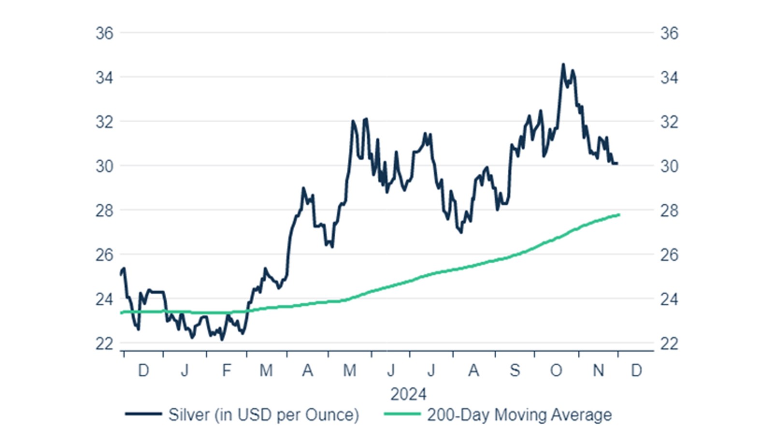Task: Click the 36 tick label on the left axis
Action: tap(104, 33)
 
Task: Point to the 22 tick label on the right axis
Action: tap(669, 344)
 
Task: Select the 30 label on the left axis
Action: tap(104, 166)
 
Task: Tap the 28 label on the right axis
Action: tap(669, 211)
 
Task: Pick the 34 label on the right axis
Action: tap(669, 77)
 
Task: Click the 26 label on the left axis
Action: tap(104, 255)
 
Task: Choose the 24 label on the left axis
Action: tap(104, 299)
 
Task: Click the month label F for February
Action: tap(227, 371)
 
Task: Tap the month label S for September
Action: tap(515, 371)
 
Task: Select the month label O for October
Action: tap(556, 371)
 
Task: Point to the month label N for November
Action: tap(598, 371)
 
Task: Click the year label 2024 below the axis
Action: tap(408, 394)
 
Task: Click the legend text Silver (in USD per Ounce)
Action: tap(263, 415)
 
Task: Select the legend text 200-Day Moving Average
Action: tap(519, 415)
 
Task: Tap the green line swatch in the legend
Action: tap(402, 414)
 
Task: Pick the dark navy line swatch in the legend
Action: tap(143, 414)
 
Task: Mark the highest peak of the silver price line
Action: tap(563, 64)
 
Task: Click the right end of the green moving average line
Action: tap(619, 215)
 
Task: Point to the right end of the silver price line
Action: tap(617, 163)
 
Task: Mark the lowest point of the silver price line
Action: tap(222, 339)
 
